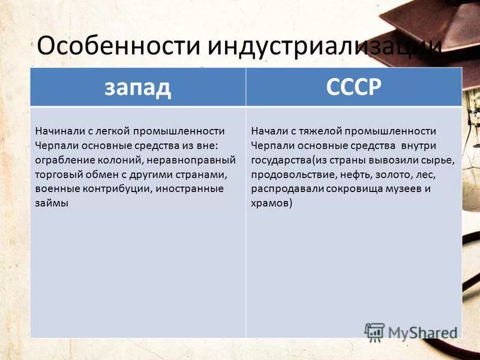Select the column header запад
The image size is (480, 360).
tap(138, 87)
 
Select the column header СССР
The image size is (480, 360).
tap(354, 87)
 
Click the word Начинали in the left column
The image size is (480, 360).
tap(56, 131)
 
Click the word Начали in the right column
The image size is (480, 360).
tap(267, 131)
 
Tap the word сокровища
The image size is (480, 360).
tap(346, 188)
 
